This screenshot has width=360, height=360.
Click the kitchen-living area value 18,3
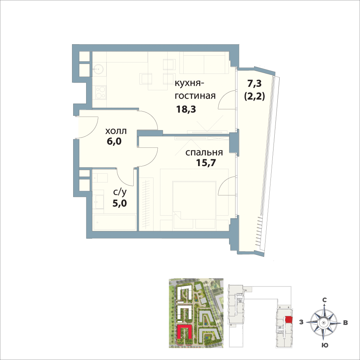186,109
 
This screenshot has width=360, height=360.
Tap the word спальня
204,152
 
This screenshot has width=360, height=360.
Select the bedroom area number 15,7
206,163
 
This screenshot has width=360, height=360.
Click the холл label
116,131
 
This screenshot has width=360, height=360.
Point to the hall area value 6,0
114,141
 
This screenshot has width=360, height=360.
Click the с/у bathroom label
120,192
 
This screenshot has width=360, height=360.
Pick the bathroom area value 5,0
120,203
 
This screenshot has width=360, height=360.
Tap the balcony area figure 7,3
254,83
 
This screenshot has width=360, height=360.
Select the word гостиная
195,96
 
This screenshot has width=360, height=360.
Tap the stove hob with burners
100,92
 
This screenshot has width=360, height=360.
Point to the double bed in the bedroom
194,200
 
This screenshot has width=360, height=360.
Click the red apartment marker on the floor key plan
289,320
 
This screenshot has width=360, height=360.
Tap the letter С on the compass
325,300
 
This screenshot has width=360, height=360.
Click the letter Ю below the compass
325,345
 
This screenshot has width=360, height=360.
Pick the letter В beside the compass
345,323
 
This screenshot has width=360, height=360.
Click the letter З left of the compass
301,322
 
